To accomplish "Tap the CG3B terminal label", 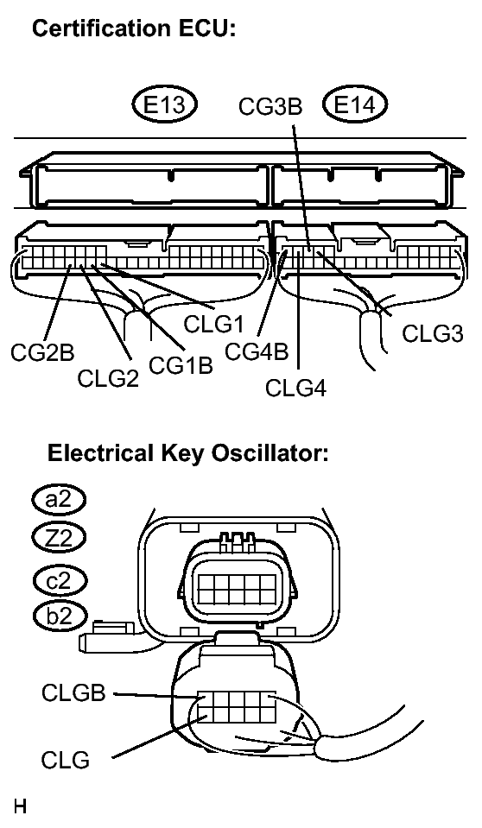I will tap(270, 107).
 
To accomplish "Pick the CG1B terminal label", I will tap(181, 364).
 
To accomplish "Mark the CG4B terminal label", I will tap(256, 352).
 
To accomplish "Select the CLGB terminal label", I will tap(73, 692).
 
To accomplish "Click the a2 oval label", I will tap(59, 500).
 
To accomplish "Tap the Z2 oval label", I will tap(59, 538).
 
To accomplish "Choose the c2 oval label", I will tap(59, 578).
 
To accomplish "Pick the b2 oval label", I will tap(59, 616).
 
